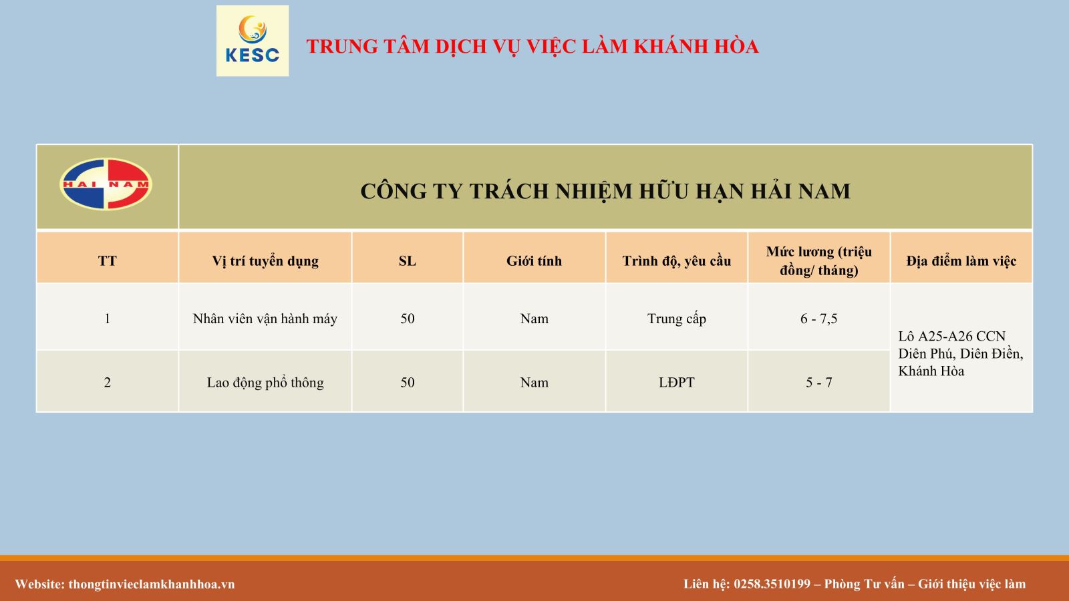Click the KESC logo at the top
click(x=253, y=41)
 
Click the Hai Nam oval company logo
click(x=106, y=184)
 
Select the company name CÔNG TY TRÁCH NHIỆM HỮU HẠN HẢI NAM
click(x=605, y=191)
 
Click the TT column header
click(x=108, y=261)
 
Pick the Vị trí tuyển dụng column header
click(x=265, y=261)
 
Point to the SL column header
click(x=407, y=261)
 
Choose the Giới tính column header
click(x=534, y=261)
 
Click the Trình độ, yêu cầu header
click(x=676, y=261)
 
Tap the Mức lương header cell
click(x=819, y=261)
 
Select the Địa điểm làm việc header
click(x=961, y=261)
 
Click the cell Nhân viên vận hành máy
click(x=265, y=319)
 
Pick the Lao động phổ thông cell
click(x=265, y=383)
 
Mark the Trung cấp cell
click(x=676, y=319)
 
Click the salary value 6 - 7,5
click(x=819, y=319)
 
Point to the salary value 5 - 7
click(x=819, y=383)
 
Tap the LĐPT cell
click(x=676, y=383)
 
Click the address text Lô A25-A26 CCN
click(x=951, y=337)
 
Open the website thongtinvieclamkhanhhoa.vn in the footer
click(x=152, y=584)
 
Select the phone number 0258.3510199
click(x=772, y=584)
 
